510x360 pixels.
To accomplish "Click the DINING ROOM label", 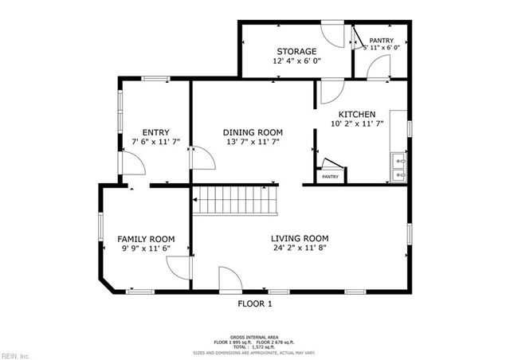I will coord(253,132).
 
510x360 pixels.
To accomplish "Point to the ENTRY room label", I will coord(155,132).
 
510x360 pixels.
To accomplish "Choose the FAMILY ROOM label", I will coord(146,238).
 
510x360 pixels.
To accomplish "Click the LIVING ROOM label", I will coord(300,238).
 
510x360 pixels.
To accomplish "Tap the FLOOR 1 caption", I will coord(255,303).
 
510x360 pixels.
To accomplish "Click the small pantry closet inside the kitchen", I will coord(330,171).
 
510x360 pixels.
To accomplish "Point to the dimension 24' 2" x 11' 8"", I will coord(300,248).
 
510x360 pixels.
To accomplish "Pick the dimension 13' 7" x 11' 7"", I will coord(253,142).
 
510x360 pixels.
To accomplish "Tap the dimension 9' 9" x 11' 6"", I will coord(146,248).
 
